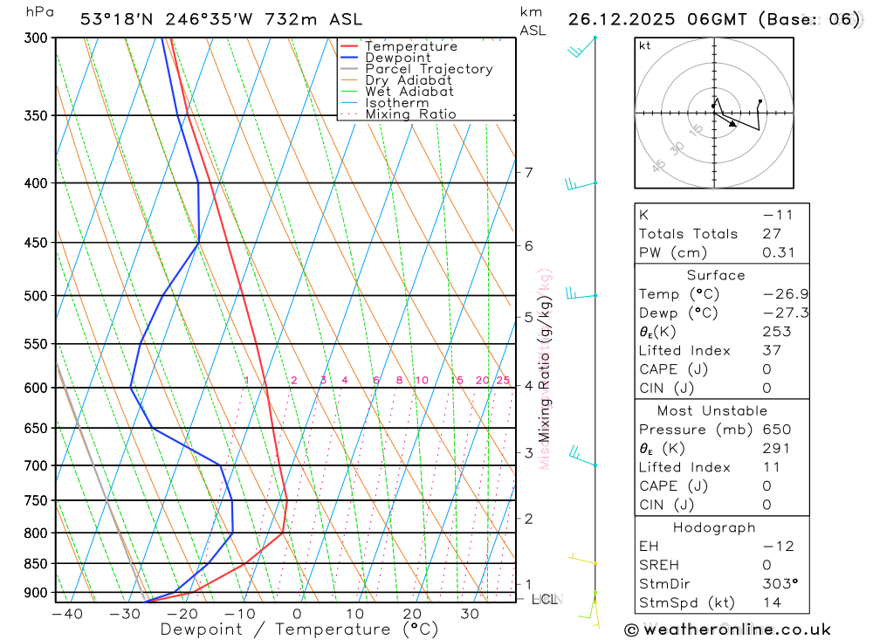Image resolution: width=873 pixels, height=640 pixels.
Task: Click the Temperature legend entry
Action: click(x=410, y=46)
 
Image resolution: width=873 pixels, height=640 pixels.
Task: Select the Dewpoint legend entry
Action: click(x=398, y=58)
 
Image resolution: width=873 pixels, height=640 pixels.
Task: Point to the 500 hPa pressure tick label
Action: click(x=35, y=296)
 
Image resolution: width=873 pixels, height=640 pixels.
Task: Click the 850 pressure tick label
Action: click(x=35, y=564)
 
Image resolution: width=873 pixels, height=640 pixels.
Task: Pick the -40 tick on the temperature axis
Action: click(x=66, y=615)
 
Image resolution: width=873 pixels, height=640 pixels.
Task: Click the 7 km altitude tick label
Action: click(x=529, y=173)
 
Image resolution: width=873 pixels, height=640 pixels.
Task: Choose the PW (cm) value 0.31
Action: click(x=755, y=252)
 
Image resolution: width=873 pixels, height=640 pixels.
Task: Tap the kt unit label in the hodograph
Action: click(x=645, y=45)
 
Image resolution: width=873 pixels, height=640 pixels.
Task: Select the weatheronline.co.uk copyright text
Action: click(x=727, y=629)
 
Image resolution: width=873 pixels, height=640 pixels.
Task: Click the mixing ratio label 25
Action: click(x=503, y=381)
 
